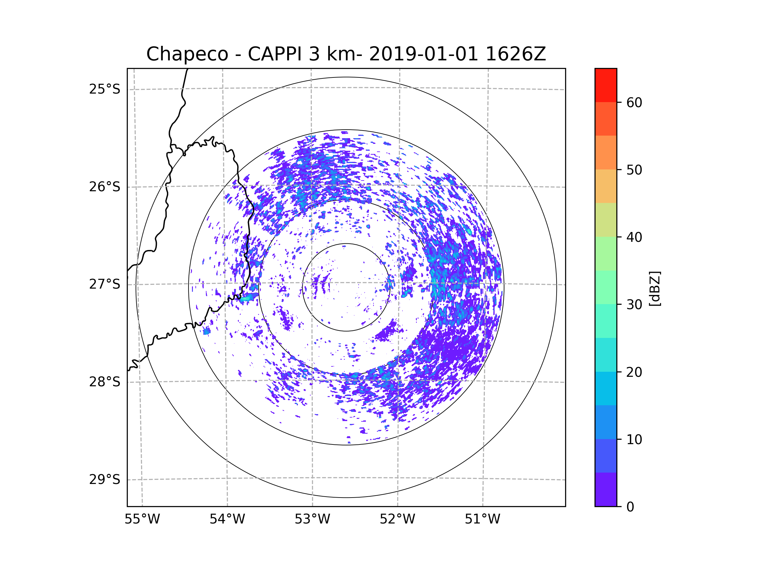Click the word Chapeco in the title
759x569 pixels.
(x=187, y=54)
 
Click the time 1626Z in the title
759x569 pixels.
(x=516, y=54)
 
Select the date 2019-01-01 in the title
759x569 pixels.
(x=423, y=54)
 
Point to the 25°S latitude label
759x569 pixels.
(x=105, y=89)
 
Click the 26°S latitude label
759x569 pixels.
(x=105, y=187)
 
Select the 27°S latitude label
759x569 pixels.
(x=105, y=284)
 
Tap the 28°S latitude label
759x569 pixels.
(x=105, y=382)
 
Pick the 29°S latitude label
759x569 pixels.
(x=105, y=480)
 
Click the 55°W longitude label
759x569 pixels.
(x=142, y=519)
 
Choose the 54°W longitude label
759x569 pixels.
(x=227, y=519)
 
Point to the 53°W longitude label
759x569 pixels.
(x=312, y=519)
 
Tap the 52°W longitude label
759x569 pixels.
(x=397, y=519)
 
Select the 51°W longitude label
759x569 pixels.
(x=482, y=519)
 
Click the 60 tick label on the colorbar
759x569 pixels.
(x=634, y=102)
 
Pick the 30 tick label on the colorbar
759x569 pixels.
(x=634, y=304)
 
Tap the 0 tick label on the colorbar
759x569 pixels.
(x=630, y=507)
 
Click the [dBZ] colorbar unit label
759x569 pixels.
(x=655, y=288)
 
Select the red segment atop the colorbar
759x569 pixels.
(x=606, y=85)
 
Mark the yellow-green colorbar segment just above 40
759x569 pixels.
(x=606, y=220)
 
